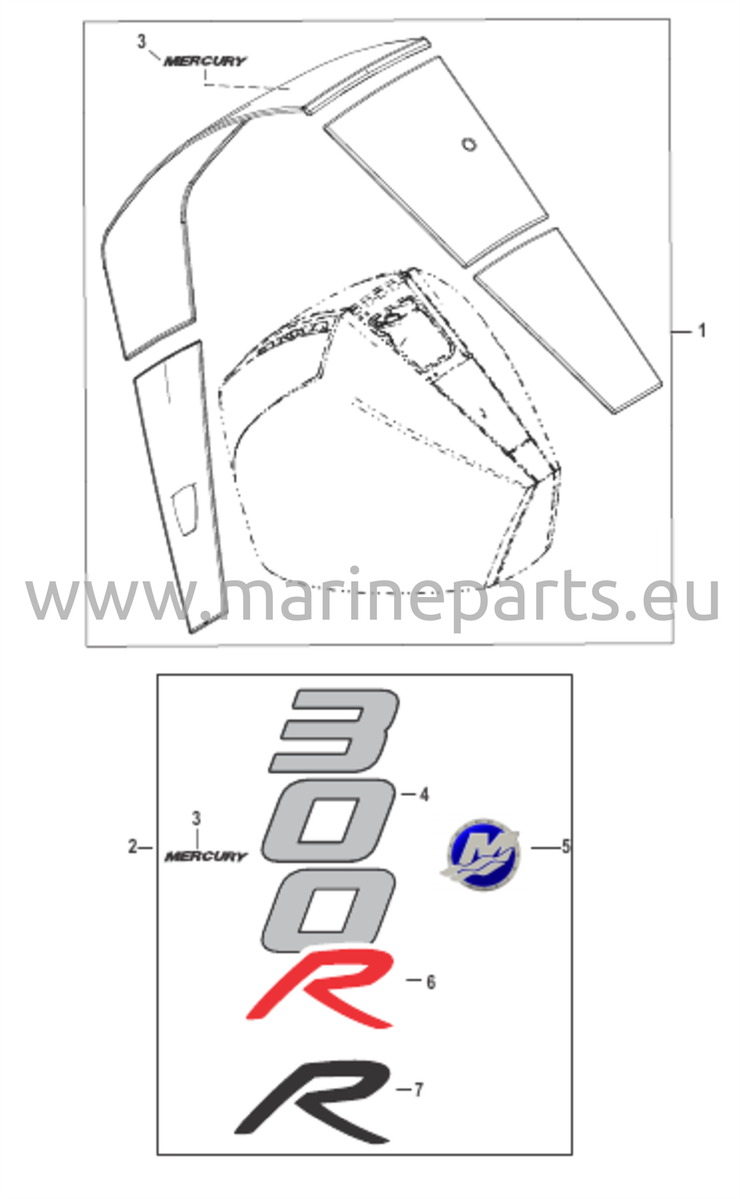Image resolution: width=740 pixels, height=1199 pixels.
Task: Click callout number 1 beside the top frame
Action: point(701,331)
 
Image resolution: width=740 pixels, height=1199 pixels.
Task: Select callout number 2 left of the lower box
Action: point(133,847)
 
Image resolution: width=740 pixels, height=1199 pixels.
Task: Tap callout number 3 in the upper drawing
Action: point(141,42)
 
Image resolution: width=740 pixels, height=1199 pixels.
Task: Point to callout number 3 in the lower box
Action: point(196,818)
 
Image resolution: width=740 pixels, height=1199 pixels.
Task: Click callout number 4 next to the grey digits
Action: point(424,794)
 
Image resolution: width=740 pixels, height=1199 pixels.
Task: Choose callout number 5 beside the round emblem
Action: point(565,847)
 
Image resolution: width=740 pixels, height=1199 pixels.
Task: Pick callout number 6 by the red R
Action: point(431,982)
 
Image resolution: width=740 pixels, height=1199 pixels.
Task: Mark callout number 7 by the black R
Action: point(418,1090)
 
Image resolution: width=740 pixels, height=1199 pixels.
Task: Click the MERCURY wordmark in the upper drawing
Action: point(205,61)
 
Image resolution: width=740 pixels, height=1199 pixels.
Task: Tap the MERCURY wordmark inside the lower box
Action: point(206,857)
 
